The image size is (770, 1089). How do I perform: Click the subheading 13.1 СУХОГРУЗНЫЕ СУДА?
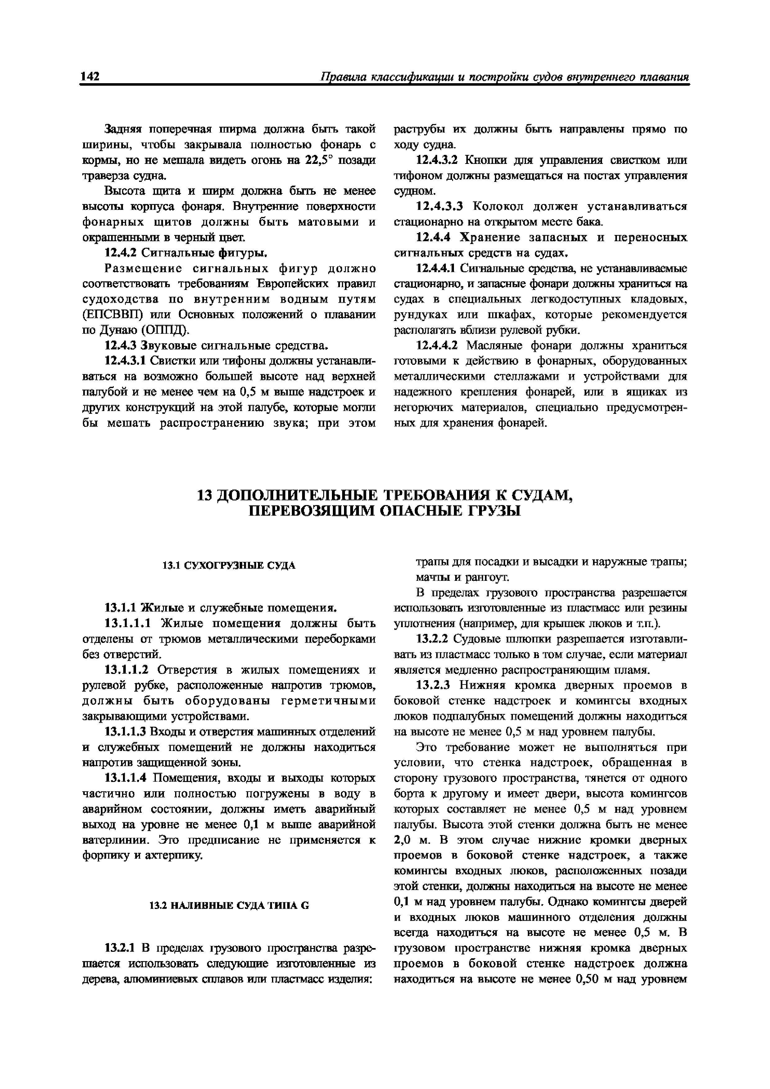229,565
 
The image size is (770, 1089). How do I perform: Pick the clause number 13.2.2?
432,639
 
